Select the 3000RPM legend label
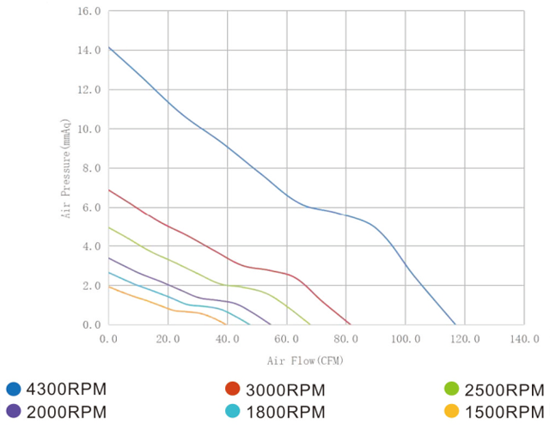click(x=286, y=390)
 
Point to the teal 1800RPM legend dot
click(x=232, y=411)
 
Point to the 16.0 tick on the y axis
click(x=89, y=12)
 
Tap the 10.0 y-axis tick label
click(x=89, y=130)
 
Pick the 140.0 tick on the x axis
click(x=524, y=339)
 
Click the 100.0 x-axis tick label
click(x=406, y=339)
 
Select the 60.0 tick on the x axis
click(x=286, y=339)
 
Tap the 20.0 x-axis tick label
click(x=168, y=339)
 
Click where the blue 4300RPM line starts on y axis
click(x=109, y=48)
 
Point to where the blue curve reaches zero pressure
click(x=455, y=324)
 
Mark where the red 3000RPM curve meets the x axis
click(x=351, y=324)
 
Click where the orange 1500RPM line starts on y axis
click(x=109, y=287)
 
